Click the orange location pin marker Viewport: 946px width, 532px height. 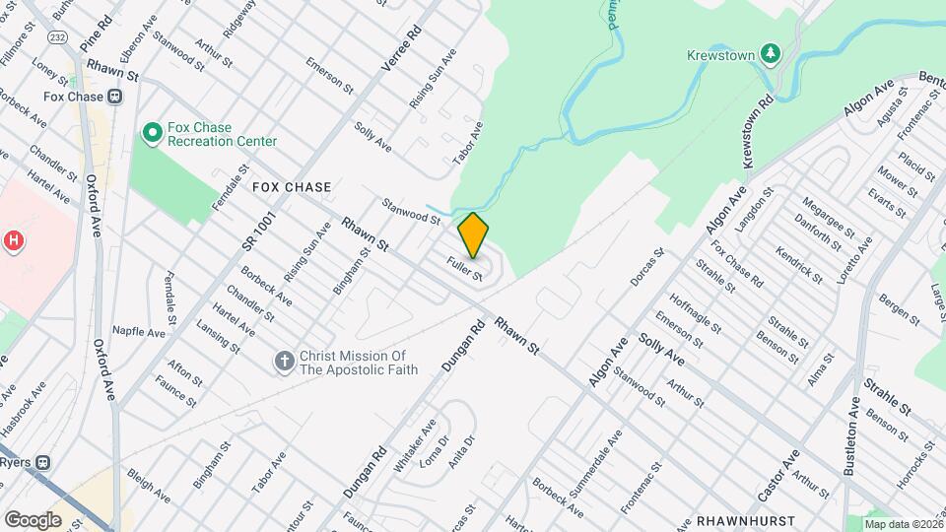pyautogui.click(x=473, y=234)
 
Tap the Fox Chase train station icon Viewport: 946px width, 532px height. pyautogui.click(x=115, y=97)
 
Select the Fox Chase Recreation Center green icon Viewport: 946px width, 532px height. pyautogui.click(x=152, y=131)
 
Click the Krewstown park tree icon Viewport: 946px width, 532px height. pyautogui.click(x=774, y=53)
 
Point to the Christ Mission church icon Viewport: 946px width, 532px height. pyautogui.click(x=285, y=362)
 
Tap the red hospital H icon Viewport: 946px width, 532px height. pyautogui.click(x=14, y=239)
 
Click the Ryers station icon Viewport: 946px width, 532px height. pyautogui.click(x=43, y=461)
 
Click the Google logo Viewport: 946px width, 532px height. pyautogui.click(x=33, y=519)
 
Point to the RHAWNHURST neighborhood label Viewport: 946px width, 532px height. pyautogui.click(x=740, y=518)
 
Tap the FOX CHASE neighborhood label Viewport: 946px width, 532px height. pyautogui.click(x=291, y=186)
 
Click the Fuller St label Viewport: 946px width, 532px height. pyautogui.click(x=464, y=268)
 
